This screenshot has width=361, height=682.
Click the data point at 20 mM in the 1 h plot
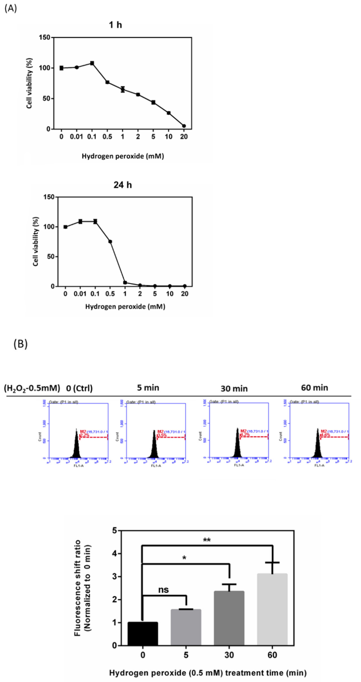[184, 126]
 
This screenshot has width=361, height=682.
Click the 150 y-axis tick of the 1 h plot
[45, 38]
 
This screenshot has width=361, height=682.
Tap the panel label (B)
[20, 344]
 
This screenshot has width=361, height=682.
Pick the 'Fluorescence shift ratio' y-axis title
[77, 588]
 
